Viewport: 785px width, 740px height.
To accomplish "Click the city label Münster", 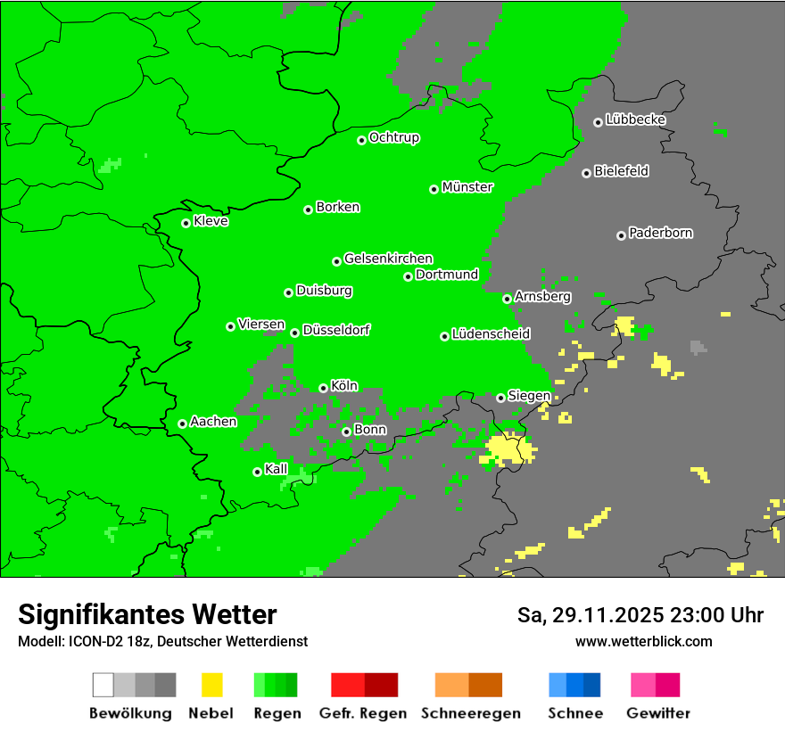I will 467,187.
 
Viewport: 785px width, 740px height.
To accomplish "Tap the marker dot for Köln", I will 324,388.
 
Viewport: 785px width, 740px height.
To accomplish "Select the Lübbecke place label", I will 635,119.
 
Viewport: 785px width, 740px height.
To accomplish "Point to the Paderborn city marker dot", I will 621,235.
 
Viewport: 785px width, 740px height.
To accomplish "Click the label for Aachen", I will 213,422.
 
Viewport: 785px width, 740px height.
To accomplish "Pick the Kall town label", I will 277,469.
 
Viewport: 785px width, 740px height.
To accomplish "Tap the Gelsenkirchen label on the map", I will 388,259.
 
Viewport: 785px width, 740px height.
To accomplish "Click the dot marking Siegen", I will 500,398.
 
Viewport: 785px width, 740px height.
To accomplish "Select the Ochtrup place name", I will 394,138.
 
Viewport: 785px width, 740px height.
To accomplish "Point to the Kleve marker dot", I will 186,223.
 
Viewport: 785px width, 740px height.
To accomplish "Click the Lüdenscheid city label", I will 491,334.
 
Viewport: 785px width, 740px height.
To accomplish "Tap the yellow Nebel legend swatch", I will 211,685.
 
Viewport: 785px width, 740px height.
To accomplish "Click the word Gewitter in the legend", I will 658,713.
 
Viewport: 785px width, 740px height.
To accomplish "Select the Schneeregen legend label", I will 471,713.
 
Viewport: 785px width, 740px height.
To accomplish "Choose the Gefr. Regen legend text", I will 362,713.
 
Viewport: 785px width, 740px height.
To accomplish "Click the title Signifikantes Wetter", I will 147,614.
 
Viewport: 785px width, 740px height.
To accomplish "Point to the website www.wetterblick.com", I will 644,641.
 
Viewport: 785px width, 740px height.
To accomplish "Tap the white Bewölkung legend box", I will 103,685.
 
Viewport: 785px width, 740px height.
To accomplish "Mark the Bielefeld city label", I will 622,171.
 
